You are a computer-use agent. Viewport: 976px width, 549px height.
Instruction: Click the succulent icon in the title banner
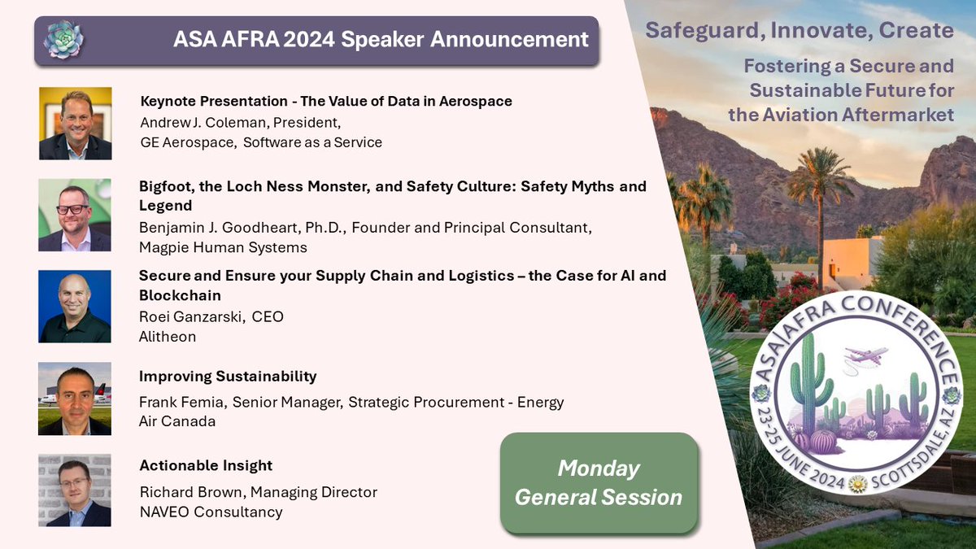[x=63, y=40]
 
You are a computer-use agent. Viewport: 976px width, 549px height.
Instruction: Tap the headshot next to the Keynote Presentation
[x=75, y=124]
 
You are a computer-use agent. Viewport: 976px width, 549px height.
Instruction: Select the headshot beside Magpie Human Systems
[x=75, y=215]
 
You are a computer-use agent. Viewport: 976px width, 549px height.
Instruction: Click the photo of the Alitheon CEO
[x=75, y=306]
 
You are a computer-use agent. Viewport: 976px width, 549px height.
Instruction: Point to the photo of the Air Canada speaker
[x=75, y=399]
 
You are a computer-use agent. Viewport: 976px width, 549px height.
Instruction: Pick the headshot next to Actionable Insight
[x=75, y=490]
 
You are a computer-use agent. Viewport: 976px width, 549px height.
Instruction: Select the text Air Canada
[x=177, y=420]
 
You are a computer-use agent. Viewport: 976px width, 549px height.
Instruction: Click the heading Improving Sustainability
[x=228, y=377]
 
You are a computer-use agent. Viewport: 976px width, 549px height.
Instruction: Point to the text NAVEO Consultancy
[x=211, y=512]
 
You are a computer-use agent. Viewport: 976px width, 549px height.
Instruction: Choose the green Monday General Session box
[x=599, y=483]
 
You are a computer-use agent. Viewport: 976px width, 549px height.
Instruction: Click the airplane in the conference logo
[x=865, y=355]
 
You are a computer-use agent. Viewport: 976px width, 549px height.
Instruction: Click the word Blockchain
[x=180, y=294]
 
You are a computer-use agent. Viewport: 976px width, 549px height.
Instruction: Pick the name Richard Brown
[x=191, y=492]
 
